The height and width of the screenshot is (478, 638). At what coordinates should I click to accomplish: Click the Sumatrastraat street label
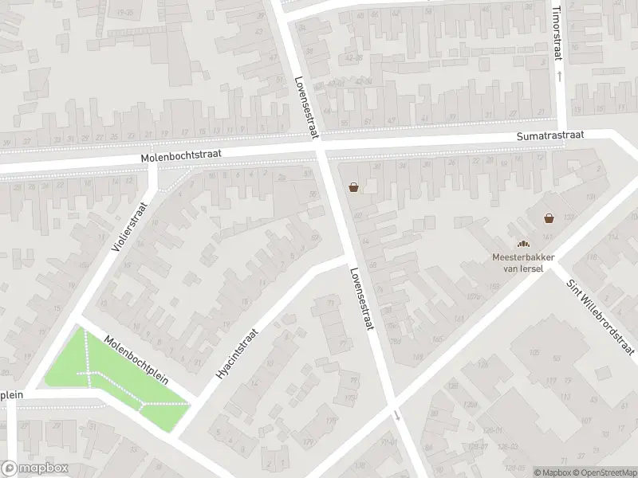coord(549,136)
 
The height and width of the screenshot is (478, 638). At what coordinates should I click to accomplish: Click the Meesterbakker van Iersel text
coord(522,262)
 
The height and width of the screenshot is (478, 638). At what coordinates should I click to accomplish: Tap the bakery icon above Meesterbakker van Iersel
coord(523,245)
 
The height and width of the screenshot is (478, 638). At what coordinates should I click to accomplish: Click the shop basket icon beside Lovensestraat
coord(353,188)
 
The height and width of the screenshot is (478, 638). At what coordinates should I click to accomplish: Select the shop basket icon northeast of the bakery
coord(549,217)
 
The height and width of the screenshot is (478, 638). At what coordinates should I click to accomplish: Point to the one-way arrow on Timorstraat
coord(559,76)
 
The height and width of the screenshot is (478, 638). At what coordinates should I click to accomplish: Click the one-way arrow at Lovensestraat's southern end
coord(397,415)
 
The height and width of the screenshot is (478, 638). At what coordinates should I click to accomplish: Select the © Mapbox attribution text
coord(553,472)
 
